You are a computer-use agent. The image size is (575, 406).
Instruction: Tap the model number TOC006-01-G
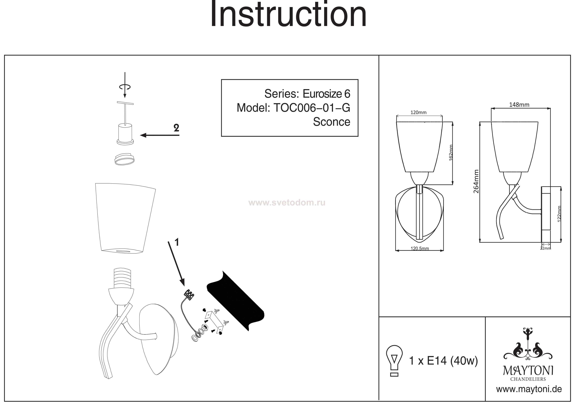pyautogui.click(x=312, y=108)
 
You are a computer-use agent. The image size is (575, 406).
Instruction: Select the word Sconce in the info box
pyautogui.click(x=331, y=122)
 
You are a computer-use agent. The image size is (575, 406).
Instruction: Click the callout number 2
pyautogui.click(x=176, y=128)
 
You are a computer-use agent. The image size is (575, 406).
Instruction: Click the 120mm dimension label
pyautogui.click(x=418, y=113)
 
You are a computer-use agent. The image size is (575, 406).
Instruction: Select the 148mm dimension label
pyautogui.click(x=519, y=105)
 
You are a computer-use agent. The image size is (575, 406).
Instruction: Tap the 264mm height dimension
pyautogui.click(x=476, y=181)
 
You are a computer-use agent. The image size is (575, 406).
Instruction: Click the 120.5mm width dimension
pyautogui.click(x=420, y=248)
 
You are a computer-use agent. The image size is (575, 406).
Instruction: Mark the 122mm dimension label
pyautogui.click(x=559, y=214)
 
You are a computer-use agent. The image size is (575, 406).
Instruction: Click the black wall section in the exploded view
pyautogui.click(x=235, y=300)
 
